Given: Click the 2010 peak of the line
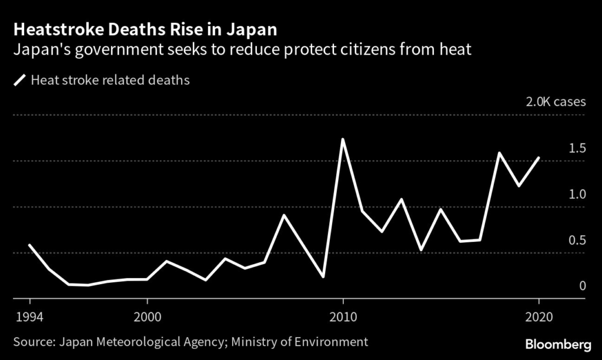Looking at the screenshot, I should click(343, 139).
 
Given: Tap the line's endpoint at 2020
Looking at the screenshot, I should click(539, 158).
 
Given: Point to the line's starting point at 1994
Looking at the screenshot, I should click(29, 245).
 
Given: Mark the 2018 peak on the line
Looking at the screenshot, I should click(499, 153).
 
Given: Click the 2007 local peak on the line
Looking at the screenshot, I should click(284, 215).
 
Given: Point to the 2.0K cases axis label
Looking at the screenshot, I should click(556, 101).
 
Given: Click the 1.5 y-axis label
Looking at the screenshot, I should click(578, 148).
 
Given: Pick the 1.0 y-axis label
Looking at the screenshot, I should click(578, 194).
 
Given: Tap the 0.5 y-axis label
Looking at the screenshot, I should click(578, 240).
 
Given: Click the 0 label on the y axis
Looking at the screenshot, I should click(583, 286).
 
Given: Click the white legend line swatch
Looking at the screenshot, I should click(21, 80).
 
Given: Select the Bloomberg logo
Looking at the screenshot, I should click(558, 342).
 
